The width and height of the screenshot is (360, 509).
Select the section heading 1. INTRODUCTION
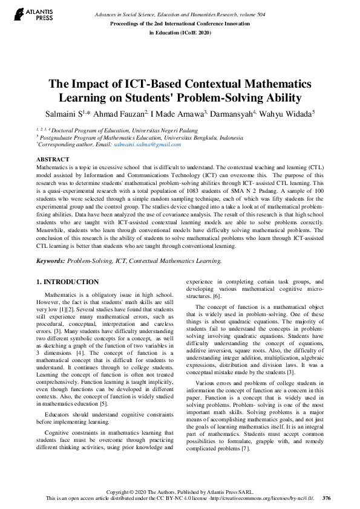tap(68, 282)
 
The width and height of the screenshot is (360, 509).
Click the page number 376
tap(326, 498)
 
